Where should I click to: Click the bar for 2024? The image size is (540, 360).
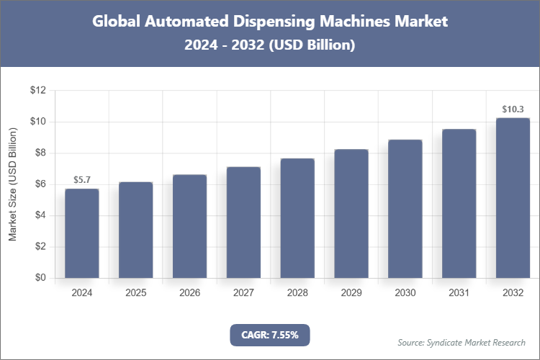click(82, 233)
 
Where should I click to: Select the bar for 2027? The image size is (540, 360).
click(243, 222)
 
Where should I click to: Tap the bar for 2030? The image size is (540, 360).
click(405, 209)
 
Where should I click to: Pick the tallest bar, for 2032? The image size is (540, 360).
click(513, 198)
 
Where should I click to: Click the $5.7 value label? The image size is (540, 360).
click(82, 179)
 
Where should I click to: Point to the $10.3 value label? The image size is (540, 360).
click(513, 109)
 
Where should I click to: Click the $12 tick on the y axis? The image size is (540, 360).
click(37, 91)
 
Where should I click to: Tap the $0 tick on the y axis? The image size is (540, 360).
click(40, 278)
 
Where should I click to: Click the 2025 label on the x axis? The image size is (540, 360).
click(136, 293)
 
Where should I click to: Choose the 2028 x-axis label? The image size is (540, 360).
click(297, 293)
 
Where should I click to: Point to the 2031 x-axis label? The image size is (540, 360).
click(459, 293)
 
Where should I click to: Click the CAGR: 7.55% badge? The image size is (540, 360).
click(269, 335)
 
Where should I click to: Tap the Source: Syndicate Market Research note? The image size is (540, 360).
click(462, 342)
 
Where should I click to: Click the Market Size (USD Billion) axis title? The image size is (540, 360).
click(13, 184)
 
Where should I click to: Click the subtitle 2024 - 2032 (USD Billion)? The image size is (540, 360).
click(270, 45)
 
